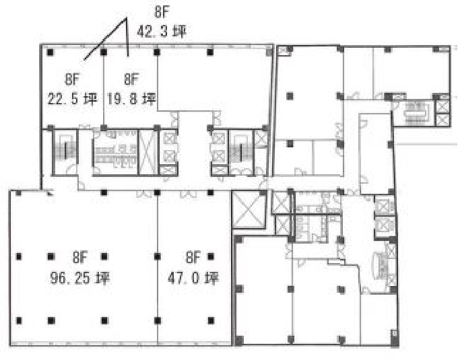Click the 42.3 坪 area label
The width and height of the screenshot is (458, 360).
tap(162, 31)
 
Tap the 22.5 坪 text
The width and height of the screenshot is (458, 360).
tap(72, 99)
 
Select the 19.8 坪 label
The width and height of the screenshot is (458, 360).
tap(131, 99)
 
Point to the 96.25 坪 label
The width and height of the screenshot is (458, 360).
tap(80, 278)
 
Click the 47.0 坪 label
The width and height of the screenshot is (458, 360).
tap(193, 278)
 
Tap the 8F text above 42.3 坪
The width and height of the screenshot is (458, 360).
tap(162, 12)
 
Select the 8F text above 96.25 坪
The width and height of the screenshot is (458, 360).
tap(80, 257)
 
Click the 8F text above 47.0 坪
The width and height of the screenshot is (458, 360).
tap(193, 257)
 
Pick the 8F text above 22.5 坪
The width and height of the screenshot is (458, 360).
tap(72, 79)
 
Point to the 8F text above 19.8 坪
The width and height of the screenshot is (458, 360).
tap(131, 79)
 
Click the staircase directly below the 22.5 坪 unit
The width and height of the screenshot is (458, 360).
tap(65, 151)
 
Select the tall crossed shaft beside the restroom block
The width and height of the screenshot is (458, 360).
tap(148, 152)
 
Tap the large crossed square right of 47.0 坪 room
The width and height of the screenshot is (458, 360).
tap(249, 209)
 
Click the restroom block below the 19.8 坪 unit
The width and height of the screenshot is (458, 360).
tap(115, 152)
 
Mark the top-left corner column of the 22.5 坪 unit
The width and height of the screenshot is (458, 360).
tap(51, 52)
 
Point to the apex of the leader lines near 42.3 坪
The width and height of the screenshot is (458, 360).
tap(126, 18)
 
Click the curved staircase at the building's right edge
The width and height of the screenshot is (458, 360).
tap(382, 266)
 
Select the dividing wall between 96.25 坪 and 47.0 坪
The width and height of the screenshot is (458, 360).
tap(158, 268)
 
